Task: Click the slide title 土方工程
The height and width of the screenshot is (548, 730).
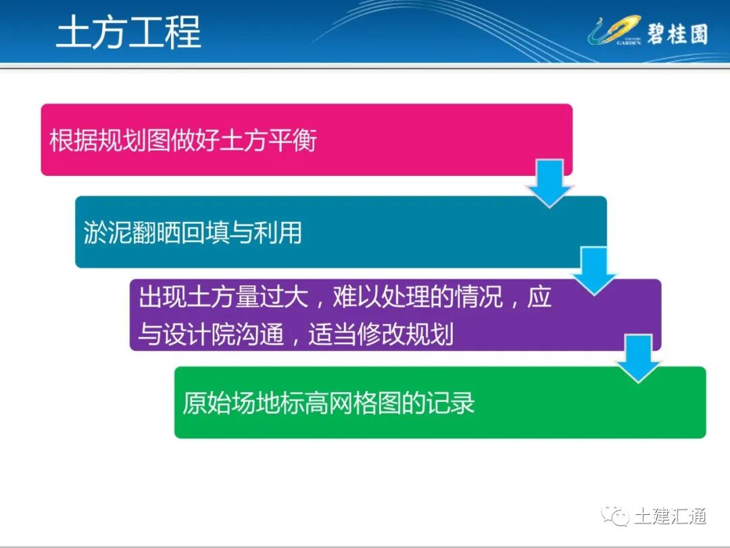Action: point(128,33)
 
